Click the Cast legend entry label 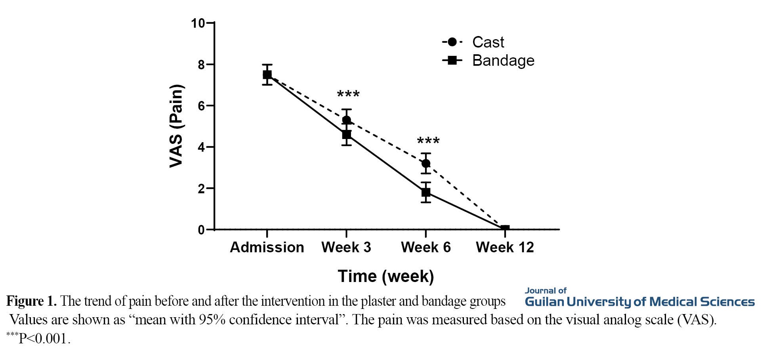coord(488,42)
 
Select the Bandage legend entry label coord(503,61)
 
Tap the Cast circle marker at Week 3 coord(347,120)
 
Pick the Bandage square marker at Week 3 coord(347,135)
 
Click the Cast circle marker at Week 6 coord(426,163)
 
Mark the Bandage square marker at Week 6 coord(426,193)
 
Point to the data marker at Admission coord(267,74)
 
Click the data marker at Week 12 coord(505,229)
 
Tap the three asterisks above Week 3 coord(348,95)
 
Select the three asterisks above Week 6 coord(428,141)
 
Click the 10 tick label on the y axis coord(198,23)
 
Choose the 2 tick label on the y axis coord(201,189)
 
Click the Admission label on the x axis coord(267,247)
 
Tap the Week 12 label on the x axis coord(505,247)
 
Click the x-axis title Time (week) coord(386,276)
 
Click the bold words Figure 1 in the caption coord(31,301)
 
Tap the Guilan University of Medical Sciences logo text coord(639,302)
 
